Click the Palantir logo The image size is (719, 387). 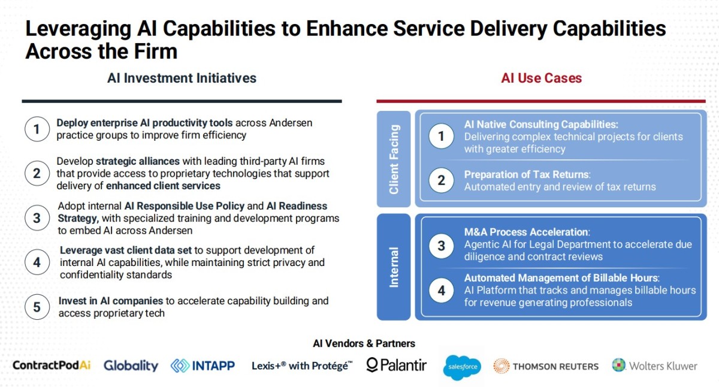click(x=397, y=365)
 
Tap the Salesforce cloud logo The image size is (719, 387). click(x=462, y=367)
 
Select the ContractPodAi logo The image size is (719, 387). click(x=52, y=365)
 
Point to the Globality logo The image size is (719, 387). click(x=131, y=365)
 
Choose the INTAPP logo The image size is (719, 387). click(x=203, y=366)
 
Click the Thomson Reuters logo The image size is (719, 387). click(x=546, y=366)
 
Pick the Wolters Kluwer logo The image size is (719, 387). click(x=654, y=365)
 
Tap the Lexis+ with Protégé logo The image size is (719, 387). click(x=302, y=366)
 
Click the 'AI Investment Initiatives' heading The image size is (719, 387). click(x=182, y=78)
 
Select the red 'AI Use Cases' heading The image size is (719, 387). click(x=542, y=78)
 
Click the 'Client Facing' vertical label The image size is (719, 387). click(x=394, y=159)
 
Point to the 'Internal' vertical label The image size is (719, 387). click(x=394, y=267)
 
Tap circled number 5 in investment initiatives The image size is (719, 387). click(x=37, y=307)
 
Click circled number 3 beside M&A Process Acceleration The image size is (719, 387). click(x=442, y=246)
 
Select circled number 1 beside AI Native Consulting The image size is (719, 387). click(x=442, y=136)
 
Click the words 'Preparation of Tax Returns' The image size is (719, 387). click(x=527, y=174)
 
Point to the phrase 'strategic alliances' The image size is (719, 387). click(x=138, y=161)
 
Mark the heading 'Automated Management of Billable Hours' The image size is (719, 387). click(x=561, y=277)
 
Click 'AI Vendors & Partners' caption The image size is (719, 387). click(x=364, y=343)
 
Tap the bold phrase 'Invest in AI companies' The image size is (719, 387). click(x=111, y=301)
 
